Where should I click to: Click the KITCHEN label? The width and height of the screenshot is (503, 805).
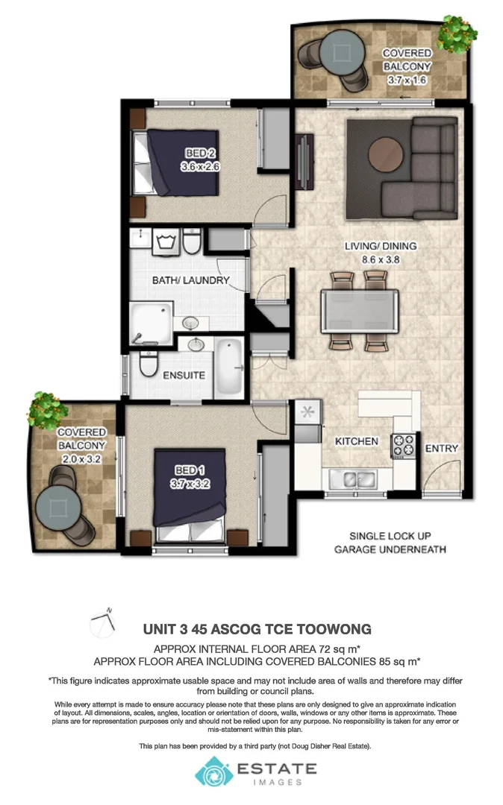coord(356,441)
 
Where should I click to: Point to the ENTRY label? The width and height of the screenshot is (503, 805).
coord(441,448)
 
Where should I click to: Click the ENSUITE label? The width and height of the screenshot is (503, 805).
coord(184,375)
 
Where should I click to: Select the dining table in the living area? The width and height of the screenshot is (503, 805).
coord(359,310)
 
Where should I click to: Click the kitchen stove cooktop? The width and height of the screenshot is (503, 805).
coord(404,445)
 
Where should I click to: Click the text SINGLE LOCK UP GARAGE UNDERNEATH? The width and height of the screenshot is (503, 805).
coord(390,543)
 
